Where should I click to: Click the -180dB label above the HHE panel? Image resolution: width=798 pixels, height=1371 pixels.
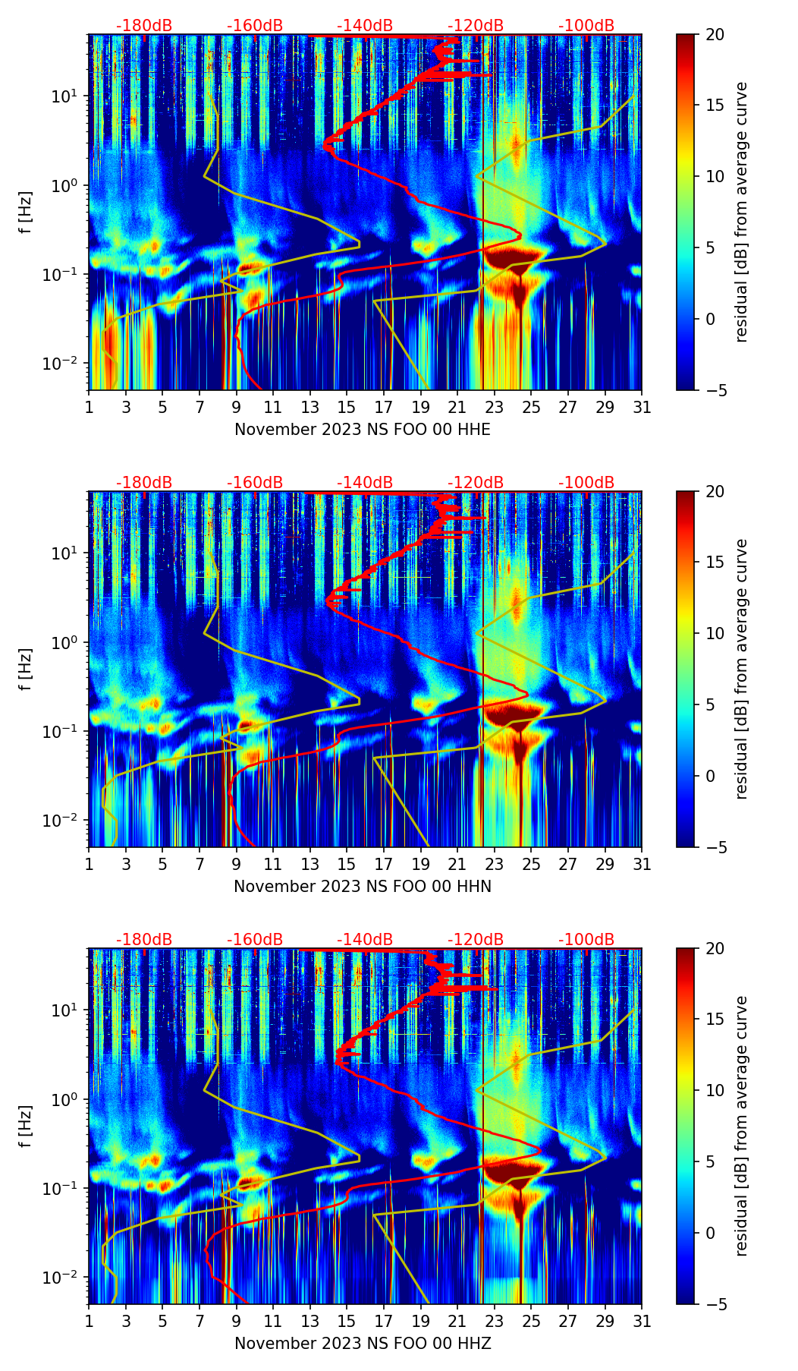[144, 26]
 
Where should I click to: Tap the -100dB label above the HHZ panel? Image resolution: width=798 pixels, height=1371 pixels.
[586, 940]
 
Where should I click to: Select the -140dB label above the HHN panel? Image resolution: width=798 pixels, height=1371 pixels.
[365, 483]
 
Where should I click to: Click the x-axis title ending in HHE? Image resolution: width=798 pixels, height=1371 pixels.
[362, 430]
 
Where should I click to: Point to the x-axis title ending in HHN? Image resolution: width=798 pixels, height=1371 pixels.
[362, 887]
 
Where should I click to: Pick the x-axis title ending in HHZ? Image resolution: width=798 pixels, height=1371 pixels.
[362, 1344]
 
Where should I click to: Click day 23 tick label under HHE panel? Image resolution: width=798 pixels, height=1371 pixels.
[495, 408]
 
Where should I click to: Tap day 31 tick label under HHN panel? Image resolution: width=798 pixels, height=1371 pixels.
[642, 865]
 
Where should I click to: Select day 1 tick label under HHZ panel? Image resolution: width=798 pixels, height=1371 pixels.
[90, 1322]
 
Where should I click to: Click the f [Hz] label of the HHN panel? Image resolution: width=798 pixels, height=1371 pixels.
[26, 669]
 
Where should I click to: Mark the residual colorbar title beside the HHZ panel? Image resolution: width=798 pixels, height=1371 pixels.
[741, 1126]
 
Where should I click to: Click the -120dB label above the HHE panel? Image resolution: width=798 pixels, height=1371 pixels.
[476, 26]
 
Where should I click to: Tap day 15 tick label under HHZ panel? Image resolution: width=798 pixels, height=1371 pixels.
[347, 1322]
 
